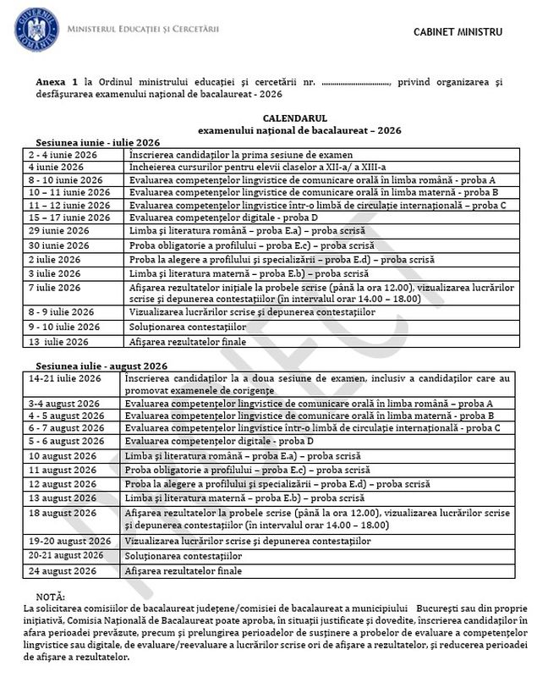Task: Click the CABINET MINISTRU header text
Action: pyautogui.click(x=458, y=32)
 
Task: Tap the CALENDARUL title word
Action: pyautogui.click(x=294, y=119)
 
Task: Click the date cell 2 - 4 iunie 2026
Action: pyautogui.click(x=60, y=156)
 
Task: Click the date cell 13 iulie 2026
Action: pyautogui.click(x=58, y=342)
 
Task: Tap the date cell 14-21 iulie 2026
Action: pyautogui.click(x=63, y=377)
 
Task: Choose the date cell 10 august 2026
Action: pyautogui.click(x=62, y=456)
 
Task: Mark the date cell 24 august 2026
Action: pyautogui.click(x=62, y=571)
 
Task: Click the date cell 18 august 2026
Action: pyautogui.click(x=62, y=513)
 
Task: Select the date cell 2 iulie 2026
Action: pyautogui.click(x=55, y=259)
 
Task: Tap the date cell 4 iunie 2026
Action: pyautogui.click(x=55, y=168)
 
